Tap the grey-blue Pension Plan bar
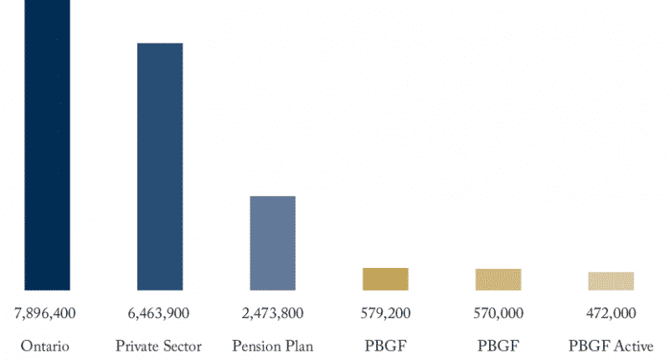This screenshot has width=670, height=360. [272, 243]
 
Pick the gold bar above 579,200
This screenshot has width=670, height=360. [385, 279]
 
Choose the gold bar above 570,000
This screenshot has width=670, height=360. [498, 280]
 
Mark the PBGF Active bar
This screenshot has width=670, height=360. [611, 281]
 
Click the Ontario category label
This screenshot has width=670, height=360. [45, 346]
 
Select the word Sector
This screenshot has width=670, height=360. [182, 346]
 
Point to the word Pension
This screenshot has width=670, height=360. [256, 346]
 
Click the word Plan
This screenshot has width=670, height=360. [299, 346]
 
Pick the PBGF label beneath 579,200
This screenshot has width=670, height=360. [385, 346]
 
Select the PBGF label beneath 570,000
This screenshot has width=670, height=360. [498, 346]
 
